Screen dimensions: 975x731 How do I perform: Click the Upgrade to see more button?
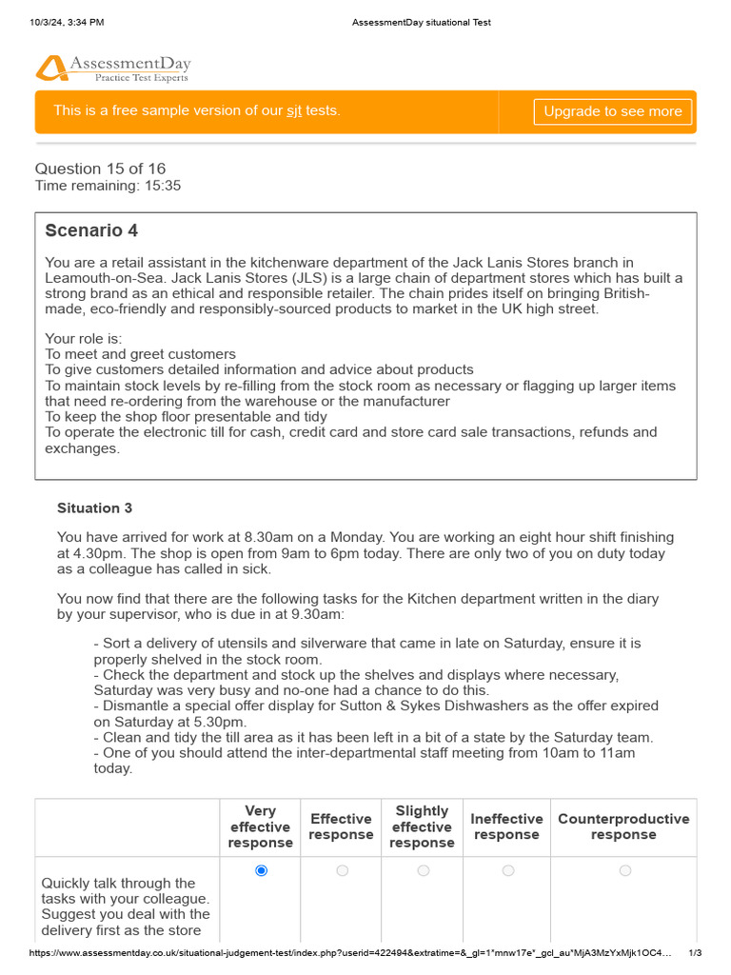pos(612,111)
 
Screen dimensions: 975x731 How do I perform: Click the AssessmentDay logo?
pos(113,68)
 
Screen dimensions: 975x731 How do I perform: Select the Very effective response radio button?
pos(262,870)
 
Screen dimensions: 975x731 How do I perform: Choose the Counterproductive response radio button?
pos(624,870)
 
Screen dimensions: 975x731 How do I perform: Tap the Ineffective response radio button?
pos(507,870)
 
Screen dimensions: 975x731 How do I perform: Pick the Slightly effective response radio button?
pos(423,870)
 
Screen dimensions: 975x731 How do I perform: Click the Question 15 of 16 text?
pos(100,169)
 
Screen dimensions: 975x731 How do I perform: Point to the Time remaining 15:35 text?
pos(108,186)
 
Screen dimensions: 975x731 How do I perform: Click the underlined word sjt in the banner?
pos(294,111)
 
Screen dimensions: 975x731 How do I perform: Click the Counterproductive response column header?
pos(623,826)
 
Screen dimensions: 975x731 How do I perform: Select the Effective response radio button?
pos(342,870)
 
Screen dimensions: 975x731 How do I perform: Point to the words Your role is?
pos(84,339)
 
